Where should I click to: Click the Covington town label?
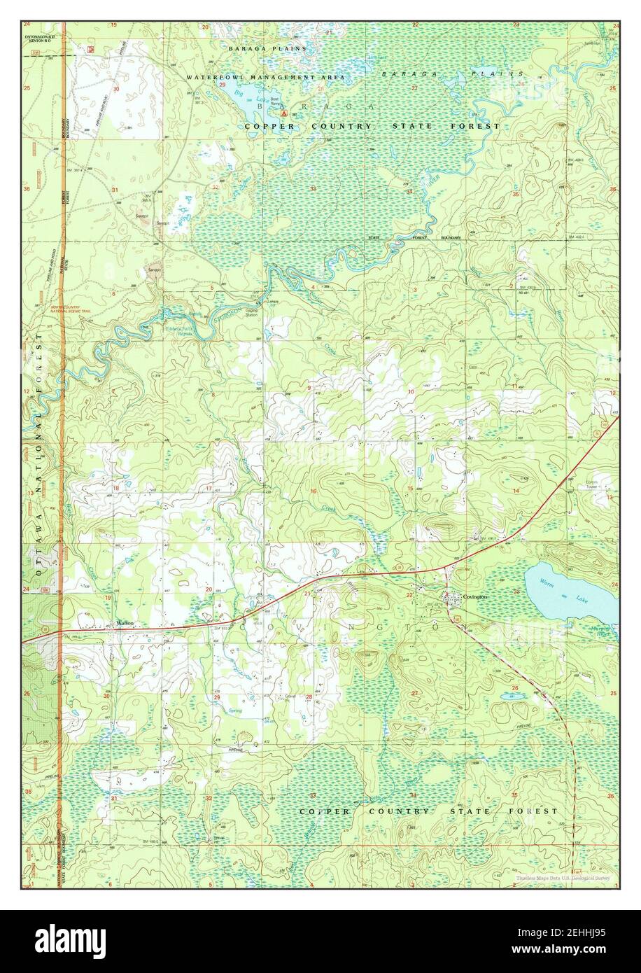coord(474,596)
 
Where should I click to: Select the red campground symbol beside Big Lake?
coord(283,112)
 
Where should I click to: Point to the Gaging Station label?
coord(251,313)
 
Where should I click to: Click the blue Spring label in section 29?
coord(236,710)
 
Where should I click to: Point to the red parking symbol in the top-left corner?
coord(90,49)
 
